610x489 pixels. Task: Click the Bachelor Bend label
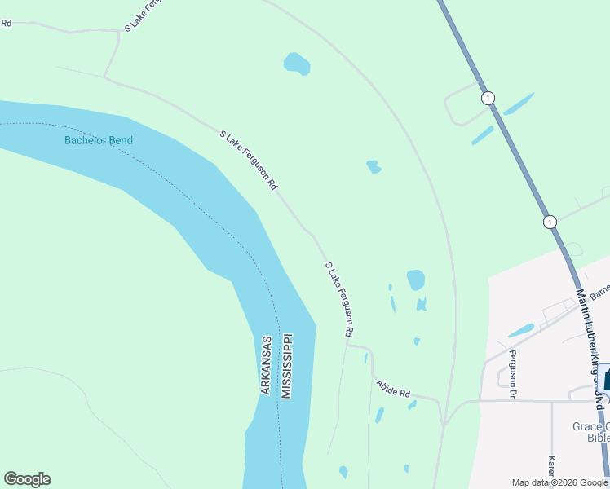click(x=98, y=140)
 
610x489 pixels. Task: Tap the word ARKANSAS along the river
click(x=266, y=364)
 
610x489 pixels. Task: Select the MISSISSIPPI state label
click(x=286, y=365)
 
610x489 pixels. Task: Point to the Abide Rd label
click(x=392, y=388)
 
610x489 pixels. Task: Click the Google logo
click(x=27, y=479)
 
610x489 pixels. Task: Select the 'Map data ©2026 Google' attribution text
click(x=559, y=482)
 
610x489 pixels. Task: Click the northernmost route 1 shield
click(x=487, y=98)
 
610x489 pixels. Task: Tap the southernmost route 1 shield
click(x=550, y=222)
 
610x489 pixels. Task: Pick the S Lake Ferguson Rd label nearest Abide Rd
click(x=339, y=299)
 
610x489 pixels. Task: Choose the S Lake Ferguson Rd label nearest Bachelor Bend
click(x=249, y=160)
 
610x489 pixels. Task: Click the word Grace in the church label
click(x=586, y=426)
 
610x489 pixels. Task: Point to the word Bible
click(x=598, y=438)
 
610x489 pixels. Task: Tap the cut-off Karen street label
click(x=552, y=469)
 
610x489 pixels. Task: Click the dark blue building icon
click(x=607, y=381)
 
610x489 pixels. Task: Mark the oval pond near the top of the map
click(x=297, y=63)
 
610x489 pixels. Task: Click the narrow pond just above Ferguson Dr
click(x=521, y=331)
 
